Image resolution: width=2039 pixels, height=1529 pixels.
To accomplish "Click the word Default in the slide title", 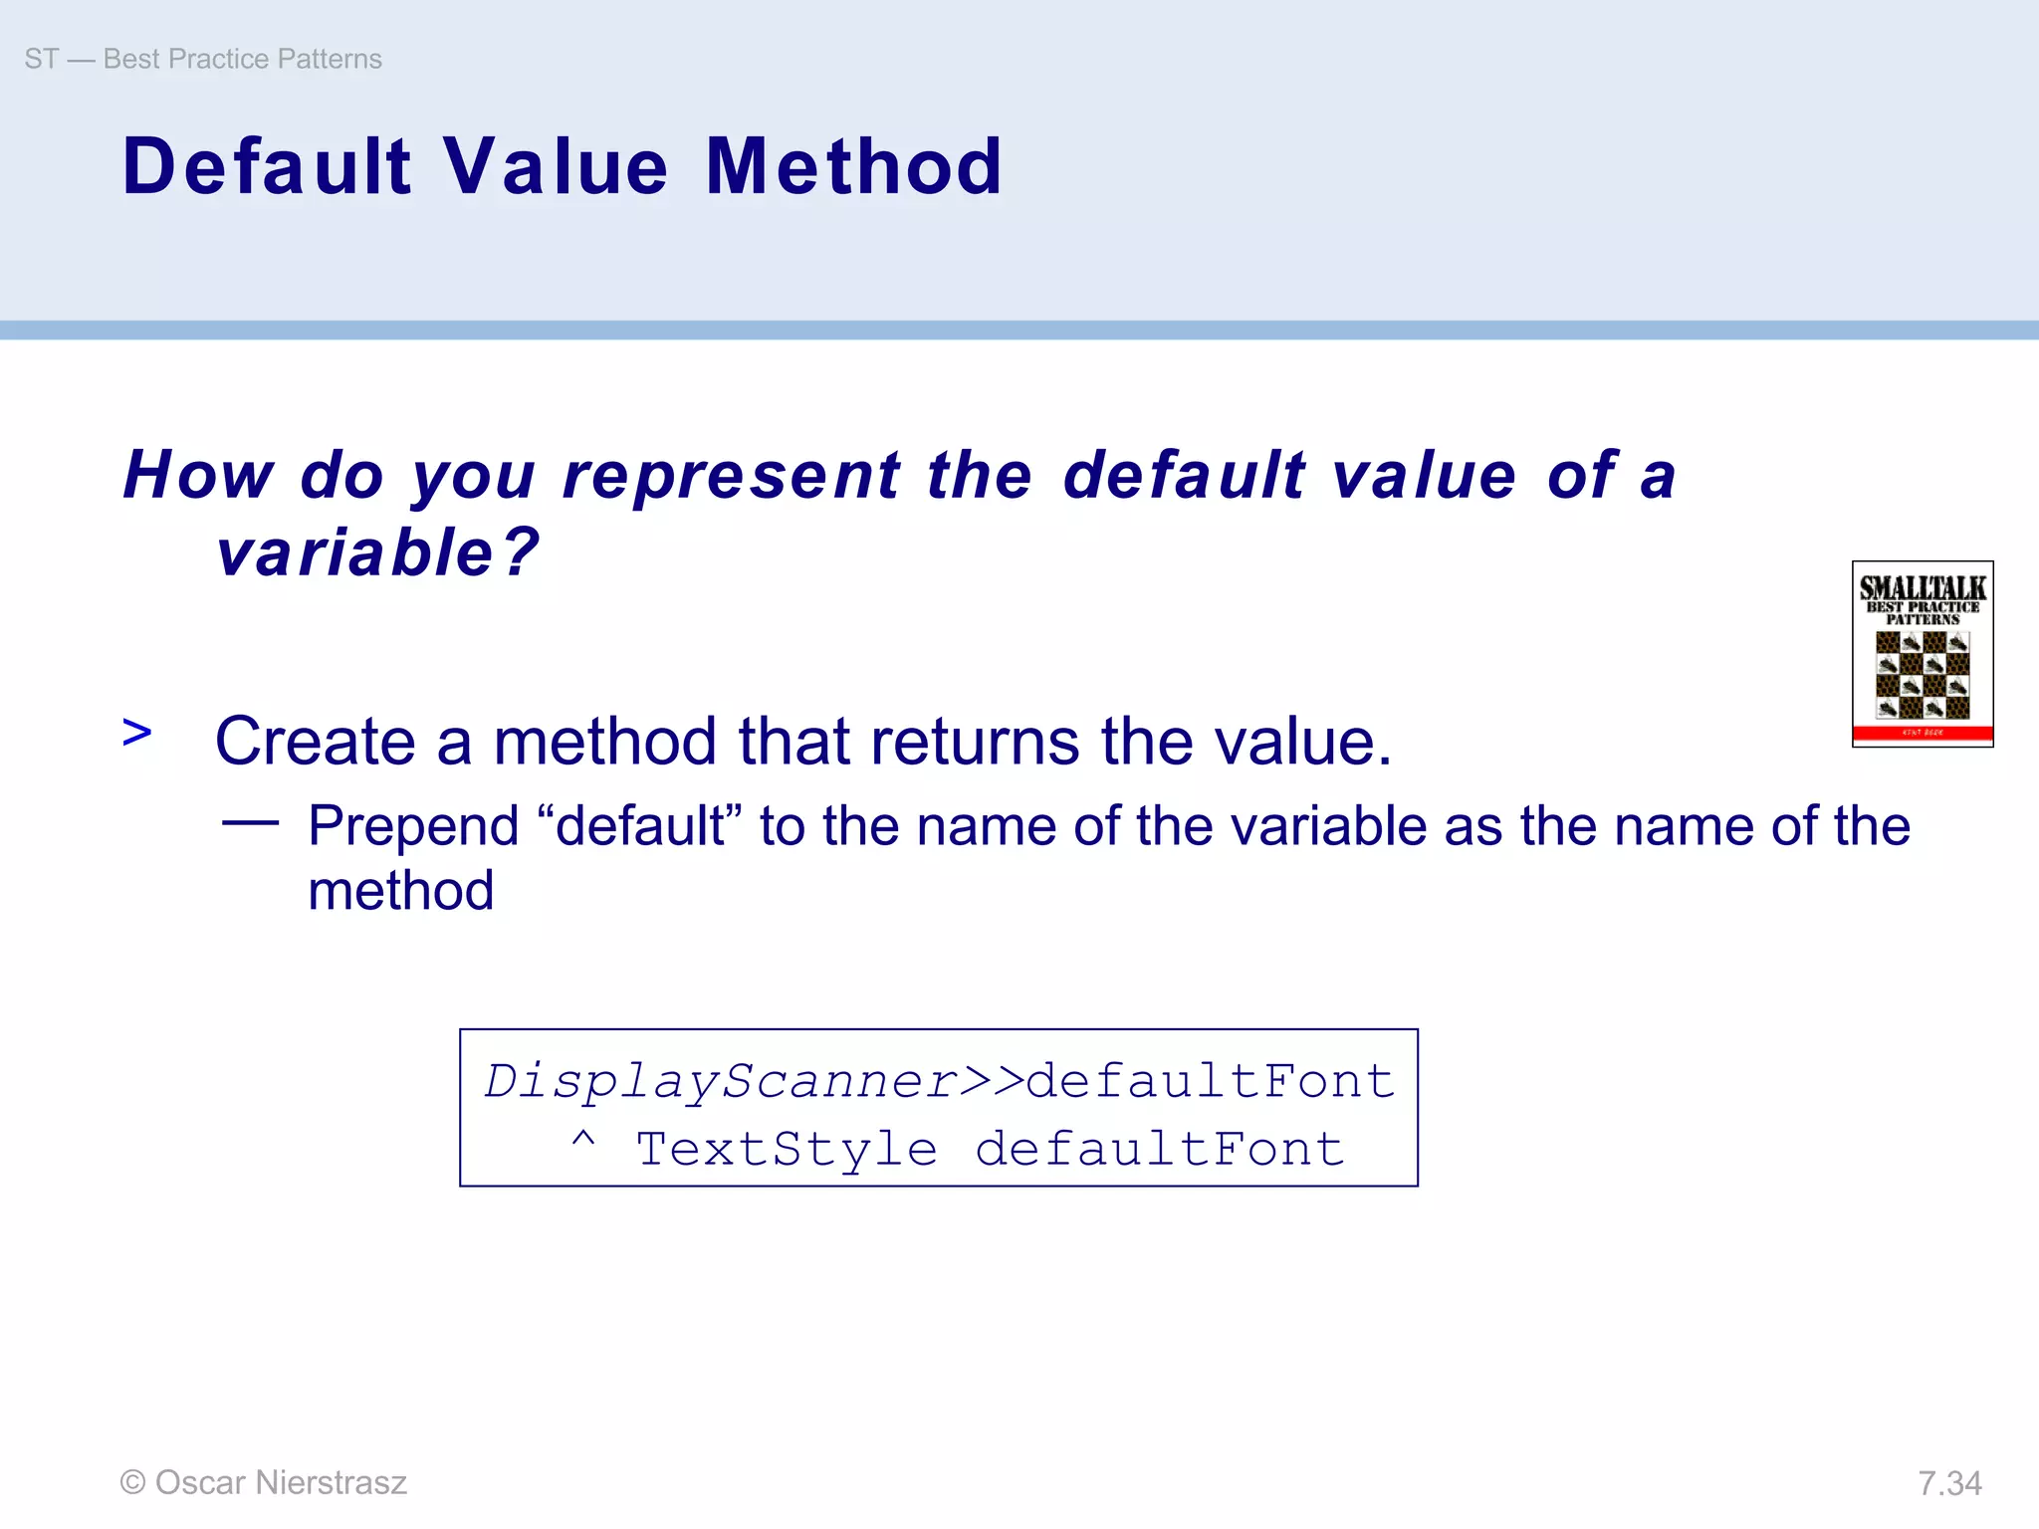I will pos(267,166).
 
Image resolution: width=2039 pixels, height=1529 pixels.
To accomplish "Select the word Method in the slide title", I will pos(853,166).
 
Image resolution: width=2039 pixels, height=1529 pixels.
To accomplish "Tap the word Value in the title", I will pos(556,166).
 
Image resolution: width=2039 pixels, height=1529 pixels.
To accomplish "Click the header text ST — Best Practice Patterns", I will pos(203,59).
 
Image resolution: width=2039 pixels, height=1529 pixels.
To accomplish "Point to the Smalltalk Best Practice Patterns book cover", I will pos(1922,653).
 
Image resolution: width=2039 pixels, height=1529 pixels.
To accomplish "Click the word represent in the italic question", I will pos(732,475).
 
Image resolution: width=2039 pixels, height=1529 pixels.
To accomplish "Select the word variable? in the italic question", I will pos(378,552).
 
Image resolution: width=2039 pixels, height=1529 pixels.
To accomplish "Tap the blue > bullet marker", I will pos(136,733).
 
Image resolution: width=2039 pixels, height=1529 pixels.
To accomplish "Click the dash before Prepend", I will pos(250,823).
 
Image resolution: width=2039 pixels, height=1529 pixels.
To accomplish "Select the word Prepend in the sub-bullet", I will pos(413,826).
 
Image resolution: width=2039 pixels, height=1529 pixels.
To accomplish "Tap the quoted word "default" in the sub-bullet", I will pos(640,826).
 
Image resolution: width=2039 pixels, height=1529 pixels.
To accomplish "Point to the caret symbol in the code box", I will pos(583,1141).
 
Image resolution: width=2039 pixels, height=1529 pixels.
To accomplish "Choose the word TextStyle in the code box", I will pos(787,1150).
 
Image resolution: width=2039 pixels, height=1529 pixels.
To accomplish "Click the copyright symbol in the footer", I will pos(132,1482).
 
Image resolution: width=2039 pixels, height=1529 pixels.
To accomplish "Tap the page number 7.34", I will pos(1949,1483).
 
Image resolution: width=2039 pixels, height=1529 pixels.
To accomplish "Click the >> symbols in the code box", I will pos(993,1081).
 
